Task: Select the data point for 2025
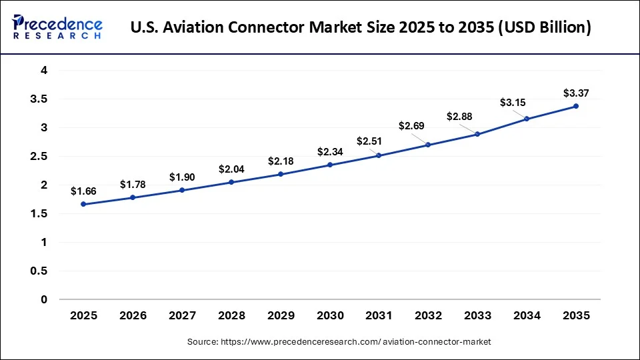83,204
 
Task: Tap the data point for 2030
329,165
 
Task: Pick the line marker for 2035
576,106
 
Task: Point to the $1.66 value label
83,191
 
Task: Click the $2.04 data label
231,169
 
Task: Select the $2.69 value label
412,126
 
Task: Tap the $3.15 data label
513,102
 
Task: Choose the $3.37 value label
576,93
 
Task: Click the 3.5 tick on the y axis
39,99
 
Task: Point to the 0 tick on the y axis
44,300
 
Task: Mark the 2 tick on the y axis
44,185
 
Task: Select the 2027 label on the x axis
182,315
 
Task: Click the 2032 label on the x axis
428,315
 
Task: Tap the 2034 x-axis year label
527,315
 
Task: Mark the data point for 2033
477,134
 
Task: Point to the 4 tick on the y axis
44,70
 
